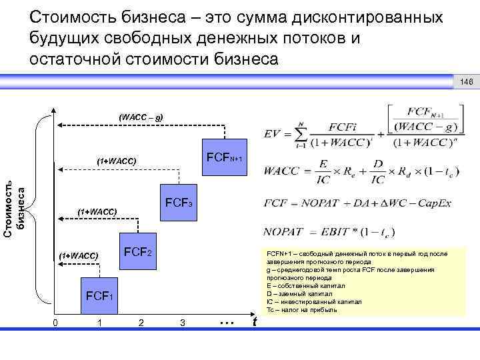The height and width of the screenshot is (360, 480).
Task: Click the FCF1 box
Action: click(x=99, y=294)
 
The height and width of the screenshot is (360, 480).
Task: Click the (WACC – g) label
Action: click(x=139, y=117)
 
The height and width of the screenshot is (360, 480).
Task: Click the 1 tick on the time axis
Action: click(x=99, y=323)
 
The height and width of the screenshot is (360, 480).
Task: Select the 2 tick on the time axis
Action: click(x=140, y=323)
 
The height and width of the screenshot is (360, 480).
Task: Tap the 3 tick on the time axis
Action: click(x=182, y=323)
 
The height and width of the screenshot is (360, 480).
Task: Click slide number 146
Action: click(x=465, y=81)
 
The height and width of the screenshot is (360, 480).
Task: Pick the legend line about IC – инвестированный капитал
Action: click(x=313, y=301)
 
